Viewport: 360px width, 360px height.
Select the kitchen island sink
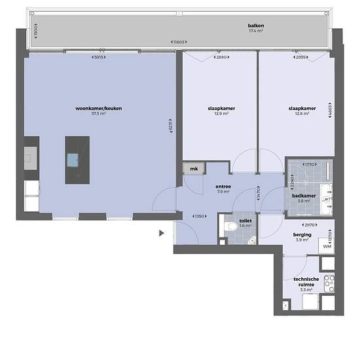(x=73, y=158)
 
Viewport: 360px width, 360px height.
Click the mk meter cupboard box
(x=193, y=169)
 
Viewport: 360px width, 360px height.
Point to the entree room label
(x=223, y=186)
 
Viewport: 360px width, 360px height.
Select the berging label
(x=302, y=234)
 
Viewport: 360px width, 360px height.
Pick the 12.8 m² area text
(x=302, y=113)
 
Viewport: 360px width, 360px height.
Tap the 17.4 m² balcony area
(x=256, y=31)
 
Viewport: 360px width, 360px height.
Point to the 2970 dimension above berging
(x=302, y=224)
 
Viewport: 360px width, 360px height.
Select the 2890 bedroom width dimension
(x=221, y=58)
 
